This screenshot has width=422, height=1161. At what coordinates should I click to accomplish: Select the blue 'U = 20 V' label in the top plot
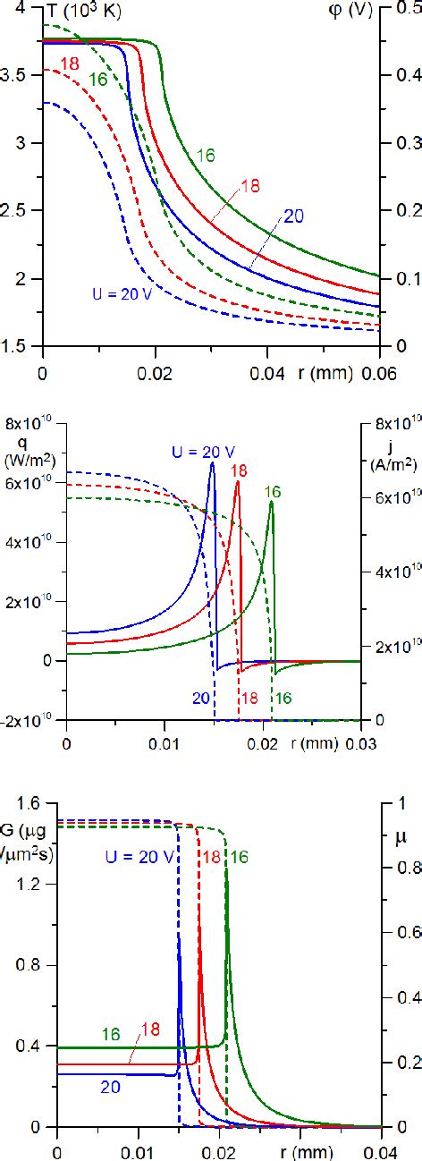pyautogui.click(x=125, y=292)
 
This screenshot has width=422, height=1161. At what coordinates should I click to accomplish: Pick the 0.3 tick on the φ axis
pyautogui.click(x=403, y=143)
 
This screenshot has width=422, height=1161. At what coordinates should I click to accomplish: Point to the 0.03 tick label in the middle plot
pyautogui.click(x=360, y=742)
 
